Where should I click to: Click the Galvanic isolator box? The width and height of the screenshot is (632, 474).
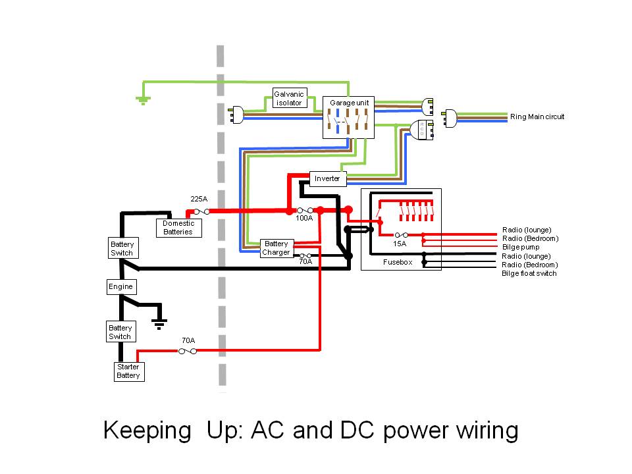(x=290, y=99)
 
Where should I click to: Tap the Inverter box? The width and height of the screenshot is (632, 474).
(x=327, y=178)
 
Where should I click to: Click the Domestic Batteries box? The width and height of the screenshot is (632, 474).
(x=178, y=228)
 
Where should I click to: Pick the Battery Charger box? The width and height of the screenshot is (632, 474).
(x=276, y=248)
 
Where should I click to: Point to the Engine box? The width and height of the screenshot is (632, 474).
(x=120, y=286)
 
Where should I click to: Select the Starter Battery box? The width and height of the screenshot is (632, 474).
(x=128, y=371)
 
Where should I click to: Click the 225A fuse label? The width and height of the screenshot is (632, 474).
(x=199, y=198)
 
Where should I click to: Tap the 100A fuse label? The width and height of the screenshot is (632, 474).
(x=304, y=218)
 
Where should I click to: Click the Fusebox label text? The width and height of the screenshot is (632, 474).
(x=397, y=262)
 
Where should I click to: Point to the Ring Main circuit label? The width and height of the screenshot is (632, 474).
(x=537, y=117)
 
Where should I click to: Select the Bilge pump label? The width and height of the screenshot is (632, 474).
(x=521, y=247)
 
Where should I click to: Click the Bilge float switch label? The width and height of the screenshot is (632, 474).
(x=529, y=273)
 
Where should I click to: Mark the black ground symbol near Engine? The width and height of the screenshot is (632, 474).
(x=158, y=322)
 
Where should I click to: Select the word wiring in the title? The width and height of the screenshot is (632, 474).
(x=487, y=431)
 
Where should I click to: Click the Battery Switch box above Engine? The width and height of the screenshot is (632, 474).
(x=122, y=248)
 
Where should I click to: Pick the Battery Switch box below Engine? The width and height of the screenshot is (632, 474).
(x=120, y=332)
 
